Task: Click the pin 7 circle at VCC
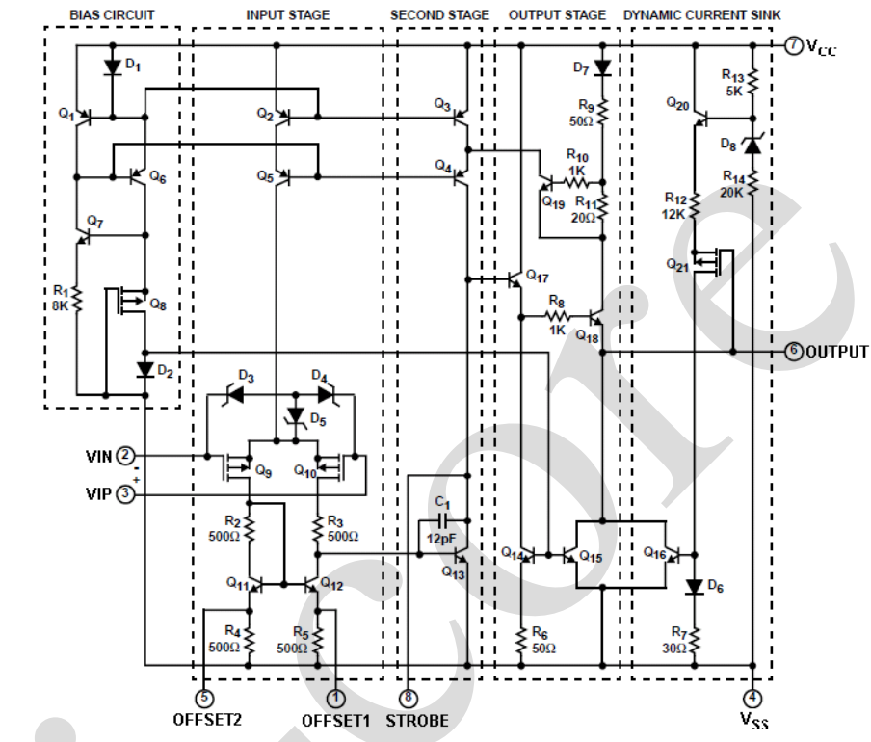point(794,45)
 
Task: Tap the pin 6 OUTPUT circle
point(794,352)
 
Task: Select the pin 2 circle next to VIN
point(125,456)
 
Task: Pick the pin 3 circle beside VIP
point(125,493)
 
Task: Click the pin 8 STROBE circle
point(409,698)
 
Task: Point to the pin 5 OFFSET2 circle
point(204,698)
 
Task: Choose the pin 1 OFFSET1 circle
point(335,698)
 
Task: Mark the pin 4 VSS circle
point(752,698)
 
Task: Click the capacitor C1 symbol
point(442,521)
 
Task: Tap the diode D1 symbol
point(113,67)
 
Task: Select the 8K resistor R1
point(77,299)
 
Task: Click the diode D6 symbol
point(695,587)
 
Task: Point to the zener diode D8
point(752,146)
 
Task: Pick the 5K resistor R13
point(752,82)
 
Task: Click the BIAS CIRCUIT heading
point(112,15)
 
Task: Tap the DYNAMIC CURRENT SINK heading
point(702,15)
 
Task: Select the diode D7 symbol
point(603,68)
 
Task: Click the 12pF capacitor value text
point(441,538)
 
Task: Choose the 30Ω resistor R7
point(695,640)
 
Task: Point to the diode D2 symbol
point(145,370)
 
